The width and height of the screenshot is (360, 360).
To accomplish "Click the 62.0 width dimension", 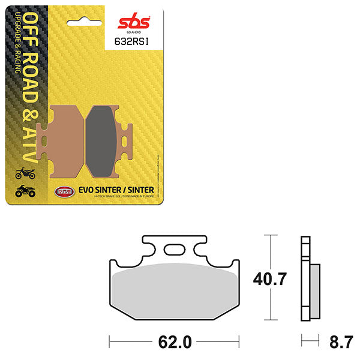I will [175, 343].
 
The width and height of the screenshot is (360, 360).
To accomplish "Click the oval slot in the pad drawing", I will [175, 250].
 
